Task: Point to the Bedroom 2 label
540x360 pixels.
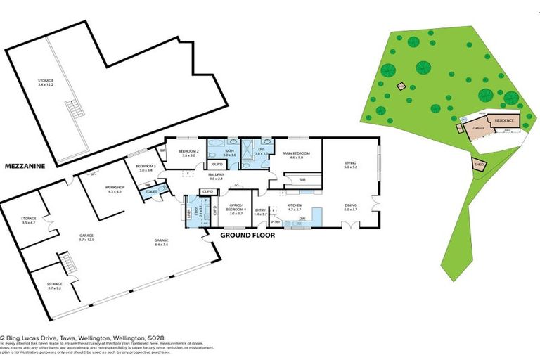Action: [189, 153]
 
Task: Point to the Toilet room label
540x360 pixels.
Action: [151, 191]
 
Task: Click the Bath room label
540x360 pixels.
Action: [229, 153]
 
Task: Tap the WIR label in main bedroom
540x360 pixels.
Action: [302, 180]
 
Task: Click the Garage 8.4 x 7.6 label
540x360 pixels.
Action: [161, 243]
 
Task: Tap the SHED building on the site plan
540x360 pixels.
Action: [480, 165]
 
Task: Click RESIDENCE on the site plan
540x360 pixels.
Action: [504, 121]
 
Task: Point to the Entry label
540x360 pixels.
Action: [260, 211]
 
